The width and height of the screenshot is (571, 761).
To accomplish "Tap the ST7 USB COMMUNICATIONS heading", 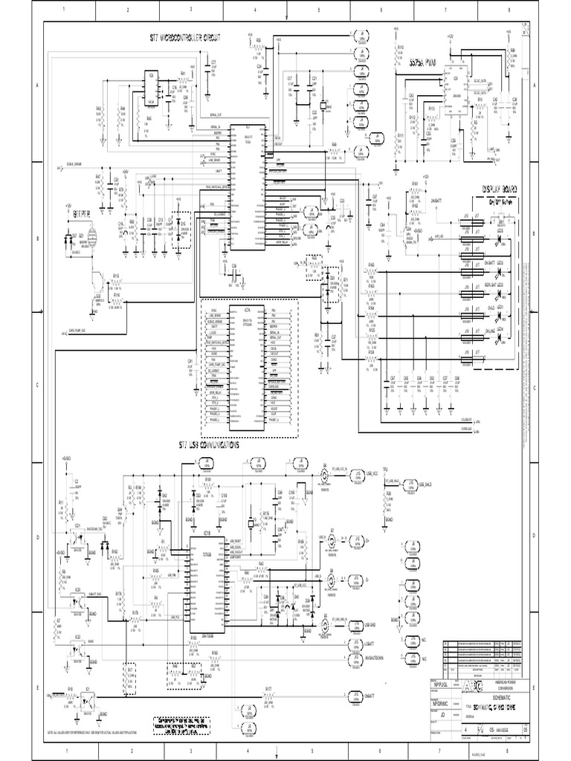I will point(209,446).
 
